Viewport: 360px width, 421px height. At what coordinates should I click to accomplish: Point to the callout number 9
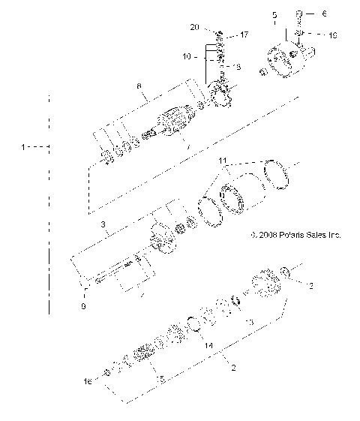pyautogui.click(x=84, y=305)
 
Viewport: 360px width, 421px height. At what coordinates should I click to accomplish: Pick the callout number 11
pyautogui.click(x=221, y=161)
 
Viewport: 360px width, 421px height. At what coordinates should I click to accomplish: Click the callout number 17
pyautogui.click(x=244, y=35)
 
